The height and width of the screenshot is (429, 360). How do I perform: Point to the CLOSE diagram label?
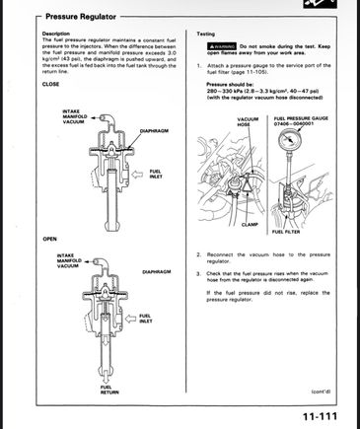pyautogui.click(x=50, y=84)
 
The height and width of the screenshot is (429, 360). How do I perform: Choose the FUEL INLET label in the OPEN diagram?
pyautogui.click(x=145, y=319)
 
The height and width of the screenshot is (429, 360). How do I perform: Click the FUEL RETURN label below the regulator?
pyautogui.click(x=106, y=390)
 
